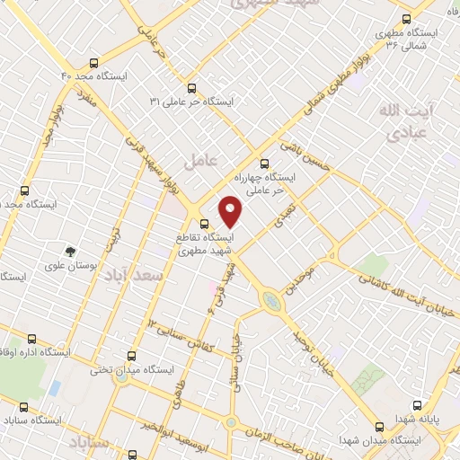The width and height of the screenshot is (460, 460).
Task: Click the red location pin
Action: pyautogui.click(x=232, y=210)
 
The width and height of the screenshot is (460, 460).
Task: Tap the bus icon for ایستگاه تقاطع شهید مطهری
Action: pyautogui.click(x=204, y=224)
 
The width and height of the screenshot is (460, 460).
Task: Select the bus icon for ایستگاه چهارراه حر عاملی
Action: pyautogui.click(x=263, y=164)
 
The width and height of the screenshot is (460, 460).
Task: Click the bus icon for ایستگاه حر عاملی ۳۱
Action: pyautogui.click(x=191, y=88)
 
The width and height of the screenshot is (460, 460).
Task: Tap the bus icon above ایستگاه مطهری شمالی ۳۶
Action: pyautogui.click(x=406, y=19)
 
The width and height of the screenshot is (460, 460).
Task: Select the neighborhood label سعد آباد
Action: pyautogui.click(x=133, y=274)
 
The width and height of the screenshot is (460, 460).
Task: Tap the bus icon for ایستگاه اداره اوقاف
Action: pyautogui.click(x=33, y=339)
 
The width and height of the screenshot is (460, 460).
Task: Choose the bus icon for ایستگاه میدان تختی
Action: pyautogui.click(x=132, y=356)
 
